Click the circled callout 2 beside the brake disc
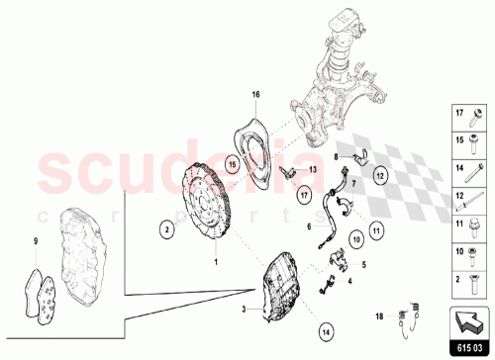169,228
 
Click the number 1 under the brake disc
217,262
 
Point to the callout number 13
314,170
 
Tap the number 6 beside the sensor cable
310,225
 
